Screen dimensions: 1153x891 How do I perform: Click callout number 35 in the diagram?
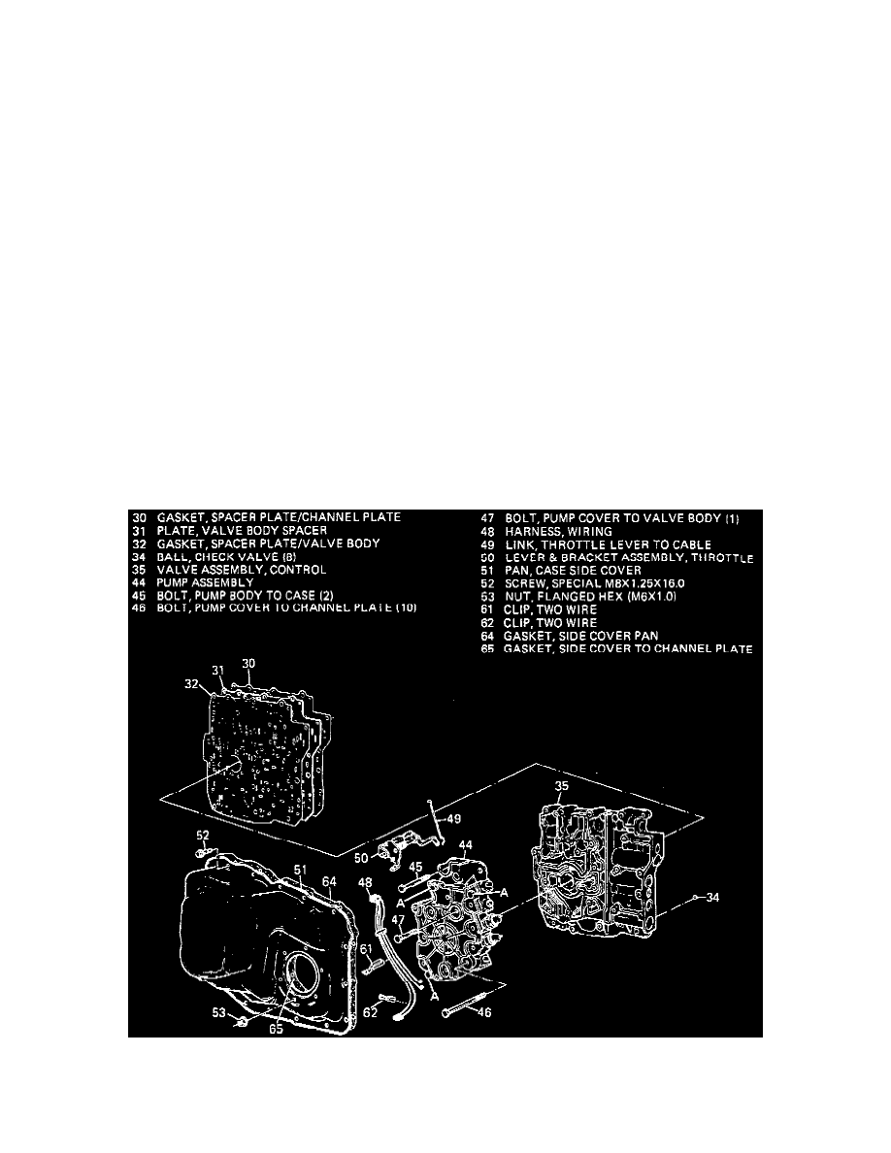562,785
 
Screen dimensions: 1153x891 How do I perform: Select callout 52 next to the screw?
202,836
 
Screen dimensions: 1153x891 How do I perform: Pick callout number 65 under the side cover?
277,1030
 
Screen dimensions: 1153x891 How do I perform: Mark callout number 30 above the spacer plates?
248,663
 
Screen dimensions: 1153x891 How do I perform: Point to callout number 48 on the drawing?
365,883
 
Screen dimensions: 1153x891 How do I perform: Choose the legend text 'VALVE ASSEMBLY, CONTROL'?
243,570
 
